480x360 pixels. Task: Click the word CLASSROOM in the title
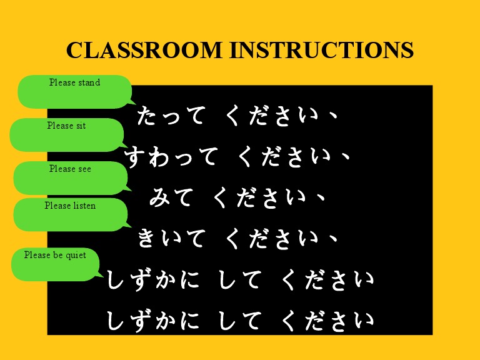[145, 50]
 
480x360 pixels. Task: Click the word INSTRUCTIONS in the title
[322, 50]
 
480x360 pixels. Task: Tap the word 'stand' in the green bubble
[89, 82]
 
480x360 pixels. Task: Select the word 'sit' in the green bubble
[81, 126]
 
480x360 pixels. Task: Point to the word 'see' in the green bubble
[84, 169]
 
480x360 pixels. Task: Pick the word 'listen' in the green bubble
[84, 205]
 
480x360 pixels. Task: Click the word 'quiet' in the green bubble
[75, 255]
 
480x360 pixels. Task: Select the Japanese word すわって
[172, 157]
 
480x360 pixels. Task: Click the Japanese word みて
[171, 197]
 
